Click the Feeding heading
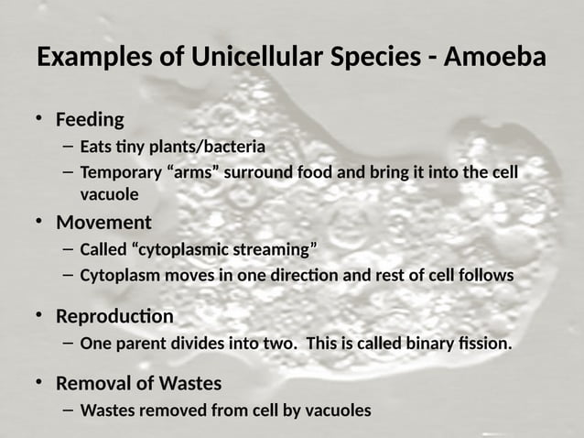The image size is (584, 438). point(90,119)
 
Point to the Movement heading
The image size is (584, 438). point(103,223)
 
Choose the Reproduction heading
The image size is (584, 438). point(114,316)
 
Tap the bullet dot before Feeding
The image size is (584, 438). point(39,119)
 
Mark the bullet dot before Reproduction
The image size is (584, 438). point(39,315)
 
